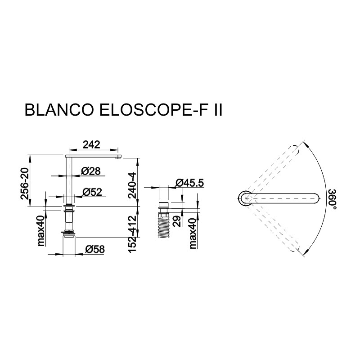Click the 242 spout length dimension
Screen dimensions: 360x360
tap(91, 144)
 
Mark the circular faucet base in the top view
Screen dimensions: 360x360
tap(245, 198)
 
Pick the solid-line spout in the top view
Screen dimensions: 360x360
tap(283, 198)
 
